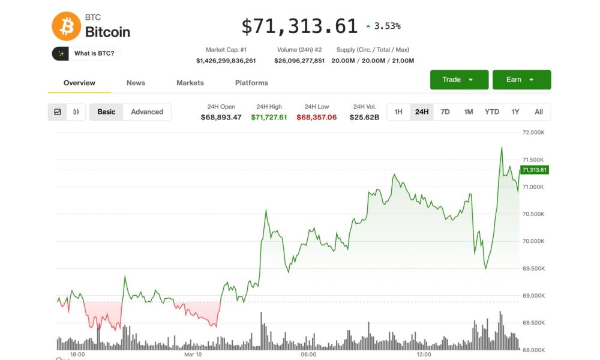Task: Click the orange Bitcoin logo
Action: [x=66, y=26]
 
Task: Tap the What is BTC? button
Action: [x=86, y=53]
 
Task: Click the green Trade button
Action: [x=459, y=80]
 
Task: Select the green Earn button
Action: [x=521, y=80]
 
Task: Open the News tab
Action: [x=136, y=83]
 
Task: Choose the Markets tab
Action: [x=190, y=83]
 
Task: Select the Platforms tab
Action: [x=251, y=83]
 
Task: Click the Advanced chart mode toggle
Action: [x=147, y=112]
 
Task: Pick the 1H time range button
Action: [x=398, y=112]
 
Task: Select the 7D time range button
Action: [x=445, y=112]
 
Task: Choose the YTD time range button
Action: [x=492, y=112]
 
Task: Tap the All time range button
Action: [x=539, y=112]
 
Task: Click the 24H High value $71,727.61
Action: [x=269, y=117]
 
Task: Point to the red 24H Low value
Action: [x=316, y=117]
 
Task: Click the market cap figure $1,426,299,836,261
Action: [x=226, y=61]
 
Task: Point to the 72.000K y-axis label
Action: [x=533, y=132]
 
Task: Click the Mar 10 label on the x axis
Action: [x=193, y=355]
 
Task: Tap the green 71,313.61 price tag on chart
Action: [x=534, y=170]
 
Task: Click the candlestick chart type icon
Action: [x=76, y=112]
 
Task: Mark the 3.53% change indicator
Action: [x=383, y=26]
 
